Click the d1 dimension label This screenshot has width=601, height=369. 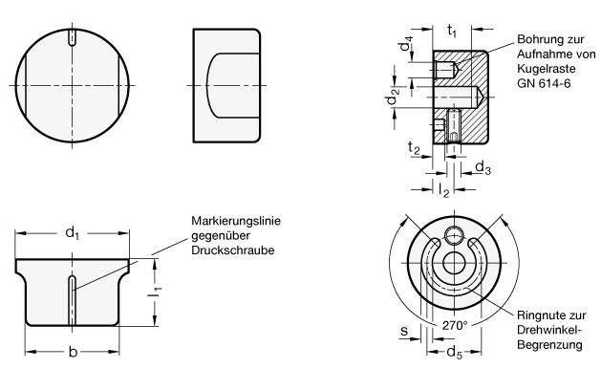(x=72, y=232)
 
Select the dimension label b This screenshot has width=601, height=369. (x=73, y=352)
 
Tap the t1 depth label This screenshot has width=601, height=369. (x=452, y=30)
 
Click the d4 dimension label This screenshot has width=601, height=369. (x=406, y=44)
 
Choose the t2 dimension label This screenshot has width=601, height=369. (x=414, y=147)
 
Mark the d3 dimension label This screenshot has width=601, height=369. (x=483, y=167)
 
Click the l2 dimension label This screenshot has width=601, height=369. (x=444, y=189)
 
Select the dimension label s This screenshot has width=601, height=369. (x=404, y=330)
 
